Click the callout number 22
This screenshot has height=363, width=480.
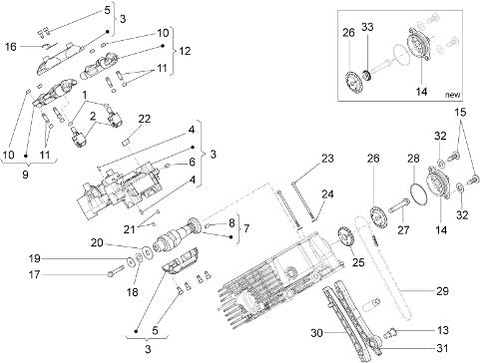click(144, 119)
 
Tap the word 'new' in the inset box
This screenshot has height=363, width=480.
click(453, 95)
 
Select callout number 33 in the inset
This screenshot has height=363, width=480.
click(367, 27)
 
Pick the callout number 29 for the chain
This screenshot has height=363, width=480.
click(442, 291)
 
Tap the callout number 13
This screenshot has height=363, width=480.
click(443, 330)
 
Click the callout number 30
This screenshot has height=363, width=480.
click(317, 332)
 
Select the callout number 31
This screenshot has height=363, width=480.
click(442, 348)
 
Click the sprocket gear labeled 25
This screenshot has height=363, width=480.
click(346, 236)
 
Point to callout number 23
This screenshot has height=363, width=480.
click(327, 159)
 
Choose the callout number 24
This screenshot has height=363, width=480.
click(327, 194)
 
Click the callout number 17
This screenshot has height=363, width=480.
click(34, 274)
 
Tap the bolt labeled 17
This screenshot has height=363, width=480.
click(115, 270)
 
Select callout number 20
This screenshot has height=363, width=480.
click(97, 243)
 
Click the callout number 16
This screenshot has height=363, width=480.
click(11, 47)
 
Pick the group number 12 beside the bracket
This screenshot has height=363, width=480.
click(185, 51)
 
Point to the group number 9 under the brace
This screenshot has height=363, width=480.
click(25, 175)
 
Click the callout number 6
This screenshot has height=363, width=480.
click(192, 163)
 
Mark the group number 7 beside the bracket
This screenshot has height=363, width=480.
click(246, 228)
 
